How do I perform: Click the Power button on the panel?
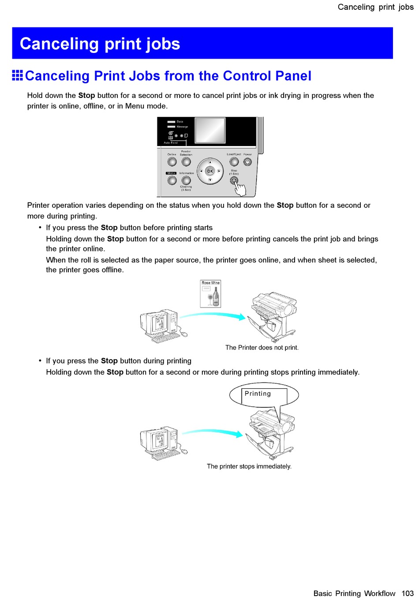coord(247,162)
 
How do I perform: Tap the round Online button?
coord(172,162)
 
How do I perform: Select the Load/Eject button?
coord(234,162)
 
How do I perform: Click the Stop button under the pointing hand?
coord(234,180)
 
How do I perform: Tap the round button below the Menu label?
coord(172,180)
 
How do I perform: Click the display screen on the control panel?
coord(210,130)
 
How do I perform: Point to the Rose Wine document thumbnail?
coord(210,294)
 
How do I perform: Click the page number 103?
coord(408,593)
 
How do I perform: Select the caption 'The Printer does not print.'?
coord(262,348)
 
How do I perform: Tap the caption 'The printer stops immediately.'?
coord(249,466)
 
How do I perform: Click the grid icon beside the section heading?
coord(18,75)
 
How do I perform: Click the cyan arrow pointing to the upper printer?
coord(213,315)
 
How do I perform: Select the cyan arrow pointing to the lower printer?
coord(213,433)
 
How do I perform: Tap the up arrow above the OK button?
coord(210,162)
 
